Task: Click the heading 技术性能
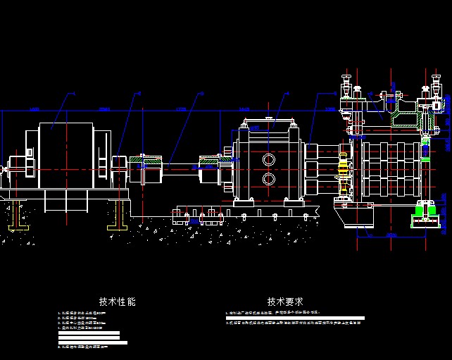[117, 302]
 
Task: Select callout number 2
[139, 93]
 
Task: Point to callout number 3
[201, 93]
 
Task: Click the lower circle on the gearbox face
[269, 179]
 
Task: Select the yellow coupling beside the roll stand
[344, 173]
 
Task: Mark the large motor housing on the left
[65, 156]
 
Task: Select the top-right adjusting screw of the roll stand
[425, 88]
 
